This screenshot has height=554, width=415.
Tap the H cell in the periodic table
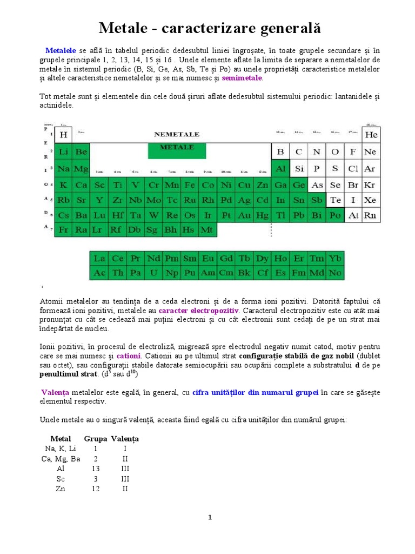point(64,134)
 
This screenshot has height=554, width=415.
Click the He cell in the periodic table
point(370,134)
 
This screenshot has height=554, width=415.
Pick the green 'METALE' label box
point(177,148)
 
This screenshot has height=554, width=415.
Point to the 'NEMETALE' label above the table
point(177,134)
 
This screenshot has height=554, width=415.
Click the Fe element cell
point(190,185)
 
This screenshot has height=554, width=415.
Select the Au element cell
point(244,215)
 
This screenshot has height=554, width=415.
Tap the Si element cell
point(299,169)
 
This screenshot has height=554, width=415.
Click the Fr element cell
point(64,230)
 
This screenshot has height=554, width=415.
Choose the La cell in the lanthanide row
point(99,259)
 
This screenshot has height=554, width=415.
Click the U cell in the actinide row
point(153,273)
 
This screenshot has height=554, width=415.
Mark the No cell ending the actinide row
point(335,273)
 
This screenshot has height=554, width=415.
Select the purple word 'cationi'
point(129,355)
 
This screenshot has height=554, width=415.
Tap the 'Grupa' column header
point(96,439)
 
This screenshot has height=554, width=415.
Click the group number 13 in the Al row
point(96,469)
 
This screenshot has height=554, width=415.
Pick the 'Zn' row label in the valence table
point(61,489)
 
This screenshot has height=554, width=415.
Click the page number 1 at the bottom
point(210,518)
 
